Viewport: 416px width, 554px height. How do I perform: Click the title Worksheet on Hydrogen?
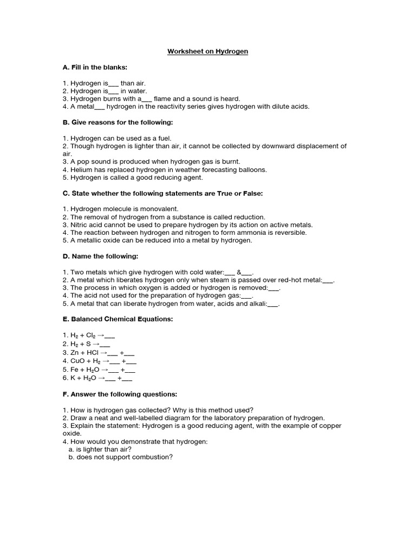(207, 51)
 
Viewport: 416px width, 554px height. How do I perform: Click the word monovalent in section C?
(158, 208)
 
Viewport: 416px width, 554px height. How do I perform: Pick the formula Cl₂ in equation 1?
(91, 335)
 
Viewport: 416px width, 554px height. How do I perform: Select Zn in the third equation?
(73, 352)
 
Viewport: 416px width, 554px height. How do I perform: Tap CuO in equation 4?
(75, 360)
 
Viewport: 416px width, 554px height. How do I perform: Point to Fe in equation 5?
(72, 370)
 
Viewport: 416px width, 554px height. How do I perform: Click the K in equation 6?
(70, 378)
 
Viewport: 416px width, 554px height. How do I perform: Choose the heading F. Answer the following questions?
(120, 394)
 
